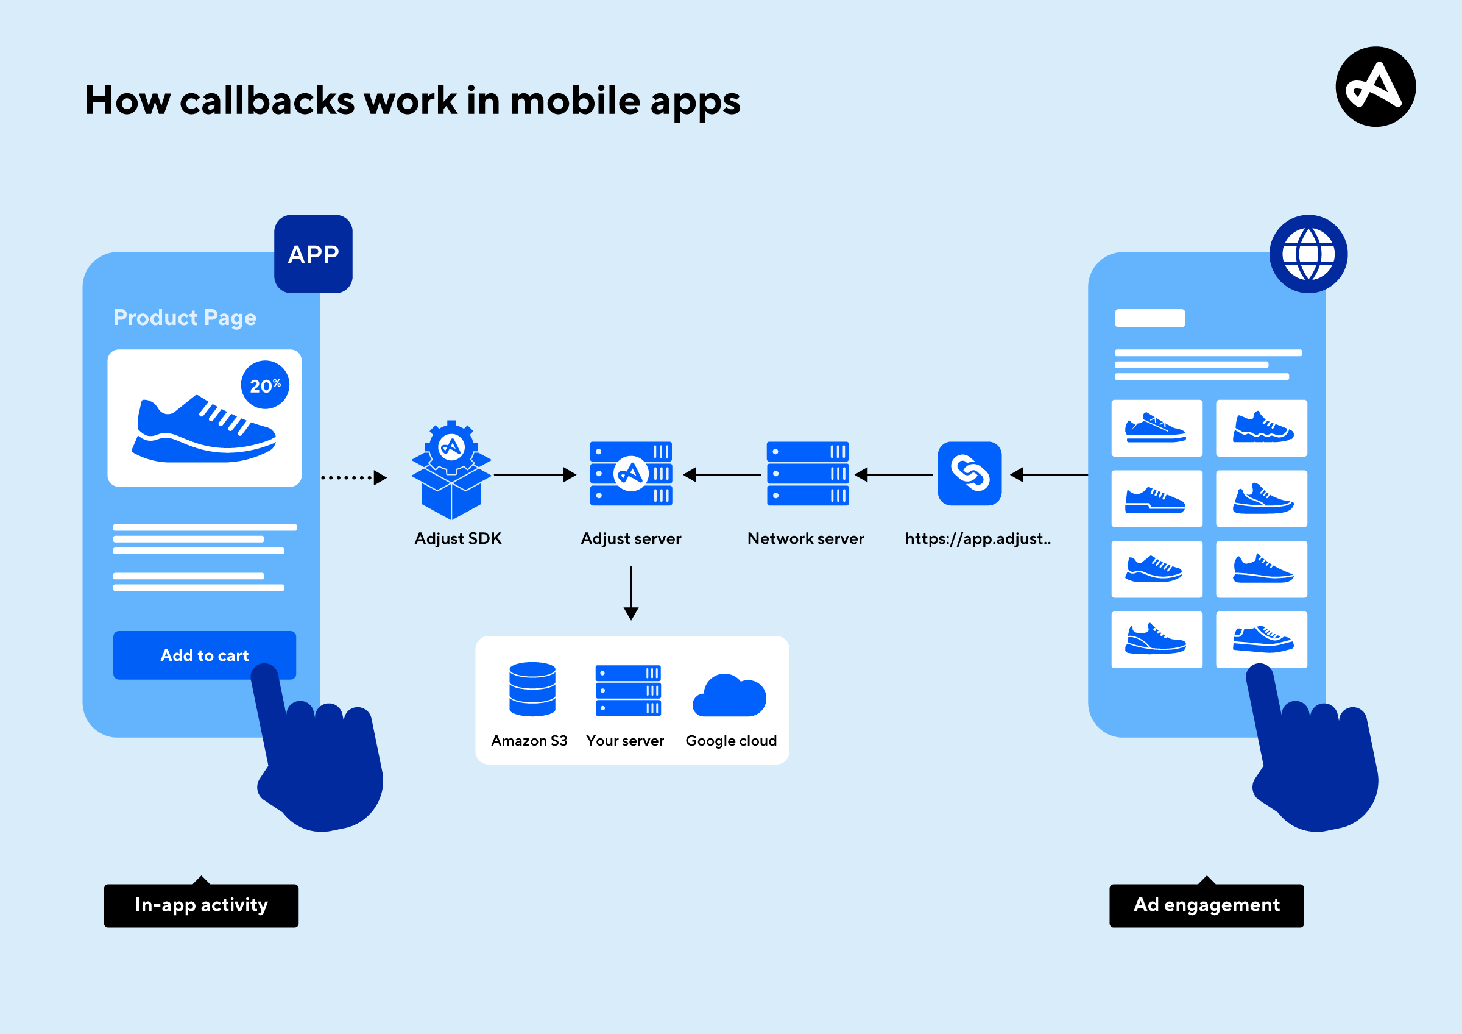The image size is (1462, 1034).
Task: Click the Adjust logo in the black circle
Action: [x=1375, y=87]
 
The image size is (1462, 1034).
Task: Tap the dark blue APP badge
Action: [x=313, y=254]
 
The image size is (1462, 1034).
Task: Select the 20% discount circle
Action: [x=265, y=385]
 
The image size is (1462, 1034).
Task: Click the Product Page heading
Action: [x=185, y=317]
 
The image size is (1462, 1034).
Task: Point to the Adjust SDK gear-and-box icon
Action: [x=451, y=470]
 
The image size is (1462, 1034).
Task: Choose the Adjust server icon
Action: [x=631, y=473]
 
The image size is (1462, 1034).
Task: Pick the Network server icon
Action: [x=807, y=473]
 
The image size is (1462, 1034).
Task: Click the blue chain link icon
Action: [x=969, y=473]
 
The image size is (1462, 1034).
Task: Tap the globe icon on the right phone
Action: [x=1308, y=254]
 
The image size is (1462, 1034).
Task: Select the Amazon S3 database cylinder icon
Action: [x=532, y=690]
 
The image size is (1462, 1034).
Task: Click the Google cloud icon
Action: [x=730, y=696]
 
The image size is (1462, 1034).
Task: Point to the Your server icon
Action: [x=628, y=691]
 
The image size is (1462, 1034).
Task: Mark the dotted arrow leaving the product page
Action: [x=354, y=477]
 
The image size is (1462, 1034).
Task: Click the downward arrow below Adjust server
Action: [x=631, y=593]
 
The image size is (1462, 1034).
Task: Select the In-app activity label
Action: [x=201, y=905]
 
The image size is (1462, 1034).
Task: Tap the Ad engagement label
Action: [x=1206, y=905]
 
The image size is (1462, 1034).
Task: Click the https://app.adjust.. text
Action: [x=978, y=539]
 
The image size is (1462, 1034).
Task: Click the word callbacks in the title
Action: [x=267, y=101]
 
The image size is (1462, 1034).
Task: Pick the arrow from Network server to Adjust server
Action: [x=722, y=475]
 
